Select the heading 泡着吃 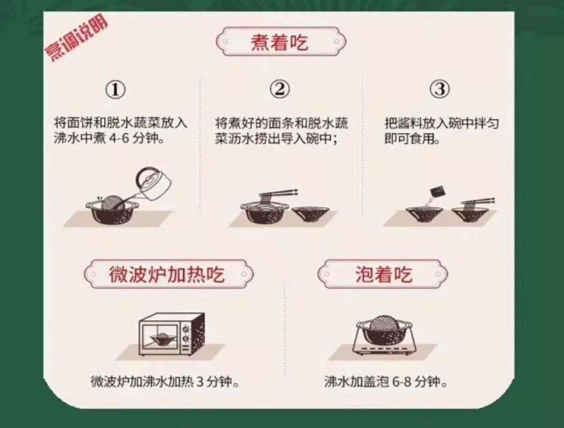pyautogui.click(x=384, y=274)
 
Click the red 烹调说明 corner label pyautogui.click(x=76, y=38)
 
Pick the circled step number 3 pyautogui.click(x=441, y=89)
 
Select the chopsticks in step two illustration pyautogui.click(x=276, y=194)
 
